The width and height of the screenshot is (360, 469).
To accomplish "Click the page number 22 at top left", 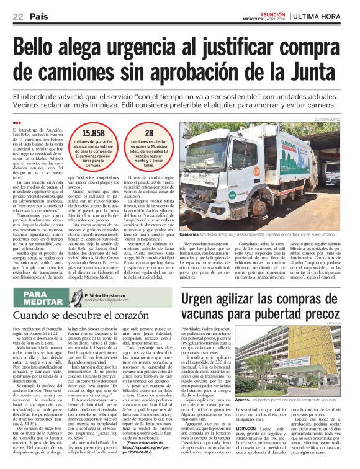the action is (18, 16).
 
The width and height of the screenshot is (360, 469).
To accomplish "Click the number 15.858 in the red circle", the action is (94, 133).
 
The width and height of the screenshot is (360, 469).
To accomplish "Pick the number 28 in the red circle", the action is (148, 133).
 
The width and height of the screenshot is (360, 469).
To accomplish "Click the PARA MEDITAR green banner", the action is (46, 298).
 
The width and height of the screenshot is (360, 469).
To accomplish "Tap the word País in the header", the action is (39, 16).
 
